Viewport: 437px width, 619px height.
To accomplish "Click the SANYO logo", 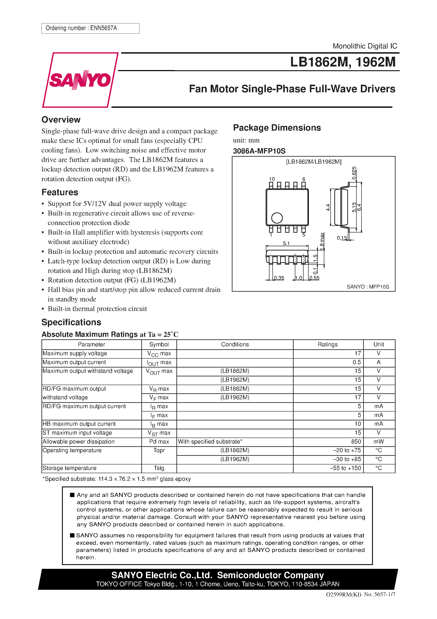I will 80,80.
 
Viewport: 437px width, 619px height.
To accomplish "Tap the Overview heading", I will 61,119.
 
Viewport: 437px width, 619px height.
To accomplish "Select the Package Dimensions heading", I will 277,127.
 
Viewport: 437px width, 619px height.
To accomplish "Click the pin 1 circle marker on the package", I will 277,218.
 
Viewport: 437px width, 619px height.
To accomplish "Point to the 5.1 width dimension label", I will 286,243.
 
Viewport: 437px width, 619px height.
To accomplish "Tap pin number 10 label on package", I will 272,179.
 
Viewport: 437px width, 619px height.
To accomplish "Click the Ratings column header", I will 327,344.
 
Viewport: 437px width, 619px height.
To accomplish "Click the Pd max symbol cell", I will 159,442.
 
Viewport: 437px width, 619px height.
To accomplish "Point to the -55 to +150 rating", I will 345,468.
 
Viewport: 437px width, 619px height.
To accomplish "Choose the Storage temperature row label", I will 70,468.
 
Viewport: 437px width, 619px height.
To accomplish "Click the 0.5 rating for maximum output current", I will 356,362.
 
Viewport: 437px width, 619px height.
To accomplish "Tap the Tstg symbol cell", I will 159,468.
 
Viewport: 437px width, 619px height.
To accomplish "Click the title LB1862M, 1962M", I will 342,62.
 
